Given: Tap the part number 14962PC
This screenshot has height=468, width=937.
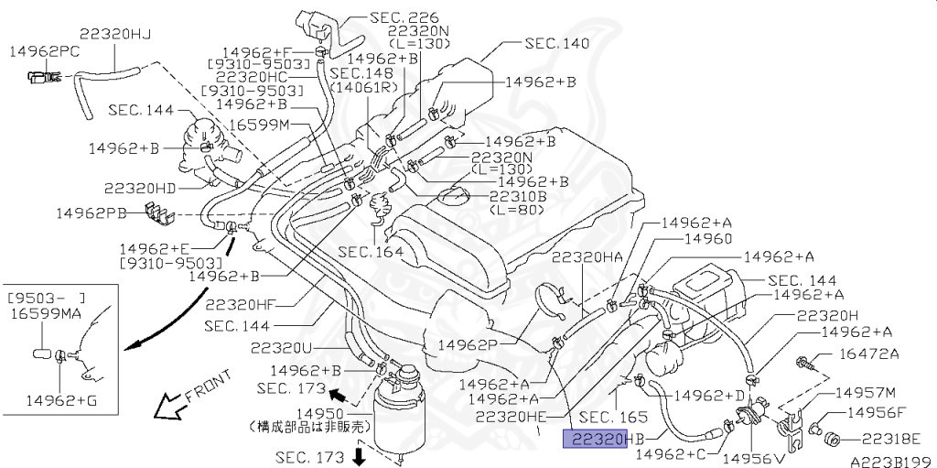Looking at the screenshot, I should coord(44,53).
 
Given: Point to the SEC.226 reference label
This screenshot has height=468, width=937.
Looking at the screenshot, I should coord(404,17).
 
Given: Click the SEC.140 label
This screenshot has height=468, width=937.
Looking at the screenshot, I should coord(556,43).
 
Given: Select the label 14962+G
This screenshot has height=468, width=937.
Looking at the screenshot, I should coord(61,399).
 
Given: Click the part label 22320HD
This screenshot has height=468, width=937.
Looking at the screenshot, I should coord(139,188).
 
